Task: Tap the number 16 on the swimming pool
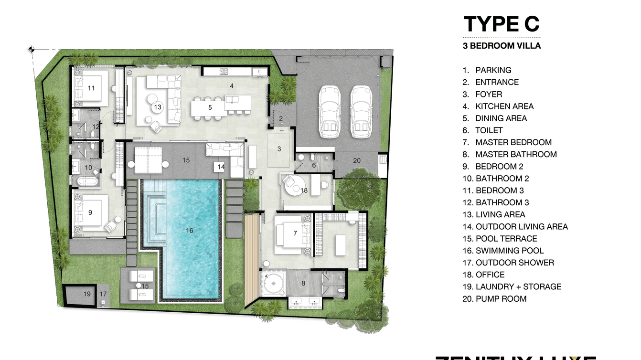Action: pos(189,231)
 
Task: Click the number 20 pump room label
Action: pos(357,161)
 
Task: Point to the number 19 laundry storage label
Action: pos(87,294)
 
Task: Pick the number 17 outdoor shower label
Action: pos(103,294)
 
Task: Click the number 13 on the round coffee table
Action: pos(158,107)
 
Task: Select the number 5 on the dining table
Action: pos(210,108)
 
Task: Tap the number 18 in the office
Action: pos(304,191)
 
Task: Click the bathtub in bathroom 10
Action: pos(86,181)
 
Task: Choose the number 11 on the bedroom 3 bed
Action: pos(91,88)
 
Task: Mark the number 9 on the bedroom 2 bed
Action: pos(90,212)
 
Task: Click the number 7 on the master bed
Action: pos(295,233)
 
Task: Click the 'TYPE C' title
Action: pos(502,24)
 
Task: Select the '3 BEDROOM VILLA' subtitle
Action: pos(502,46)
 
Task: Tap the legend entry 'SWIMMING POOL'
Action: pos(509,251)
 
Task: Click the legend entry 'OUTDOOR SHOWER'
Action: pos(514,263)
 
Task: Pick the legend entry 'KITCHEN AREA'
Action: pos(504,106)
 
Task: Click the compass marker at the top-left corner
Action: pos(32,49)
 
